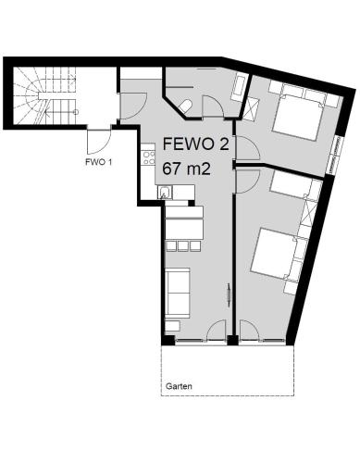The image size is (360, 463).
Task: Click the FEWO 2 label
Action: [196, 144]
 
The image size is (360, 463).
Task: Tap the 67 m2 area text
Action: [187, 169]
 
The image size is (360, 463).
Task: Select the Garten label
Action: [179, 386]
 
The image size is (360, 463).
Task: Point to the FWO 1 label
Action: [98, 163]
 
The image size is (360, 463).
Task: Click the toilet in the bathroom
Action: [186, 106]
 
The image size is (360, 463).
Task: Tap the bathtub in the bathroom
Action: [239, 87]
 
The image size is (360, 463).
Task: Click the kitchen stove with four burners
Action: [149, 157]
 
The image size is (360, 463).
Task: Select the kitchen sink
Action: [165, 193]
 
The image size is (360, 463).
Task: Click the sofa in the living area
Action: [178, 293]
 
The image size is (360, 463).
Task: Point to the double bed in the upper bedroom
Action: [298, 115]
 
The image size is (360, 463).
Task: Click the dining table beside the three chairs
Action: [184, 223]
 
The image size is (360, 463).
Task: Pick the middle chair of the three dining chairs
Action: [183, 245]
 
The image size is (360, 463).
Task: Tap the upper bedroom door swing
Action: [247, 147]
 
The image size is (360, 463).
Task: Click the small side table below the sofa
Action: [173, 326]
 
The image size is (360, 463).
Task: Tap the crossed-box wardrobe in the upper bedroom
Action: [252, 109]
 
